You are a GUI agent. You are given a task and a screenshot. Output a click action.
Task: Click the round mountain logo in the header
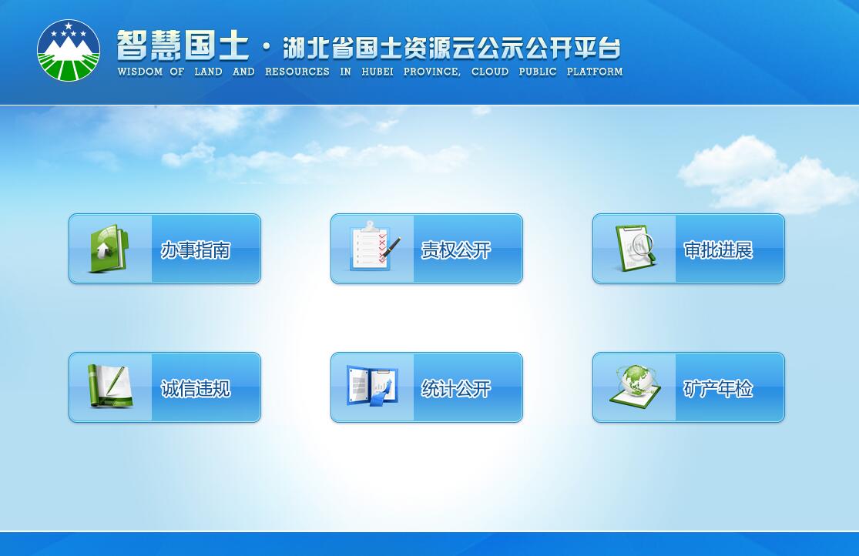(x=69, y=50)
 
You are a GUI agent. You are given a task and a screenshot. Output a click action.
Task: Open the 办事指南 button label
(x=196, y=250)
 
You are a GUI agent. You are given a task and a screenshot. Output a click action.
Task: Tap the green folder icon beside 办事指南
(x=109, y=248)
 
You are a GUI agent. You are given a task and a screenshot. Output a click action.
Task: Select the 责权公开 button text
(x=456, y=250)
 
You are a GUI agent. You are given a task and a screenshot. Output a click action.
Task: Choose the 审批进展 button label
(x=718, y=250)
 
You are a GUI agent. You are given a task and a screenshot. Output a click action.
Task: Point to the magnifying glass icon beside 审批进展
(x=636, y=248)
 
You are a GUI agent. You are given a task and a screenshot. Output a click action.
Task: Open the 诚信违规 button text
(x=196, y=388)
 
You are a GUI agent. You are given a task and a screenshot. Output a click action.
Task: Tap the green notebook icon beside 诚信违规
(x=110, y=386)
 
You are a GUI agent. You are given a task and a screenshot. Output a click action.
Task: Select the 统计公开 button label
(x=456, y=388)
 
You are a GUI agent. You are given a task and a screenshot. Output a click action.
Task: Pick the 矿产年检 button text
(x=718, y=388)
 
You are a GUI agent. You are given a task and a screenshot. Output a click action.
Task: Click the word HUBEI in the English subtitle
(x=377, y=72)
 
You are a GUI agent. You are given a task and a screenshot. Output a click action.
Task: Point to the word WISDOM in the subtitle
(x=140, y=72)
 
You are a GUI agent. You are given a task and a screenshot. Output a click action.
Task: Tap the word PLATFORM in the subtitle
(x=595, y=72)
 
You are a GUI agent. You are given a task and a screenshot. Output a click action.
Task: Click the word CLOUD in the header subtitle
(x=490, y=72)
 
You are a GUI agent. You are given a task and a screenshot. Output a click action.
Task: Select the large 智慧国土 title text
(x=183, y=45)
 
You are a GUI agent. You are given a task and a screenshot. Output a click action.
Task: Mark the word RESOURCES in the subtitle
(x=297, y=72)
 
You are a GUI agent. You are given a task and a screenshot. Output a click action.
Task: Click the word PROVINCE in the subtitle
(x=431, y=72)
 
